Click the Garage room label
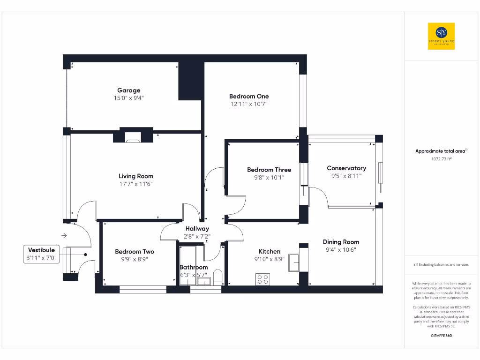tap(128, 90)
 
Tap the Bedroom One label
tap(249, 96)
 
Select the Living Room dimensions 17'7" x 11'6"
tap(136, 184)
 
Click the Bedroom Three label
tap(269, 170)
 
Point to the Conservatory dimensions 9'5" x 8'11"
tap(346, 176)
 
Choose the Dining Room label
tap(341, 242)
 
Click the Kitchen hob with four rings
tap(263, 279)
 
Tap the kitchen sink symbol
tap(294, 262)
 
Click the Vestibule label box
tap(41, 254)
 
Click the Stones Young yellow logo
tap(441, 36)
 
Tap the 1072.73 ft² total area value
tap(441, 159)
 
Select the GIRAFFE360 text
tap(441, 336)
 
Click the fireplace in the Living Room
tap(133, 137)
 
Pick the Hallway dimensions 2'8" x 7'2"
tap(197, 237)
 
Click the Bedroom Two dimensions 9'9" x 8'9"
tap(135, 259)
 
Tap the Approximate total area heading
tap(441, 151)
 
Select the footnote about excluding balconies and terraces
tap(441, 265)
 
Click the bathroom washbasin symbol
tap(204, 281)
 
